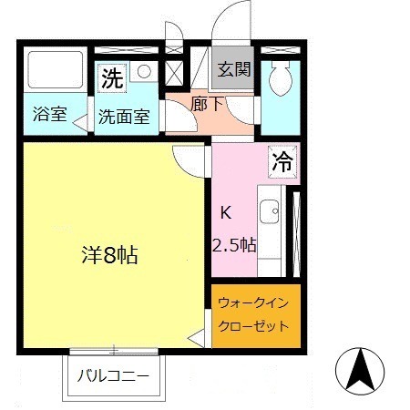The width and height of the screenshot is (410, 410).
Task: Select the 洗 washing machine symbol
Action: click(x=111, y=78)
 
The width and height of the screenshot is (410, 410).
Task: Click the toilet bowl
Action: click(x=281, y=77)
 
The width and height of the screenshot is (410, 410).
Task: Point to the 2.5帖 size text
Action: click(x=234, y=244)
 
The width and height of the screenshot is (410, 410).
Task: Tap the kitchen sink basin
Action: click(x=271, y=213)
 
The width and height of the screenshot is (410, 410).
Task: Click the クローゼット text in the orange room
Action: click(x=253, y=325)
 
